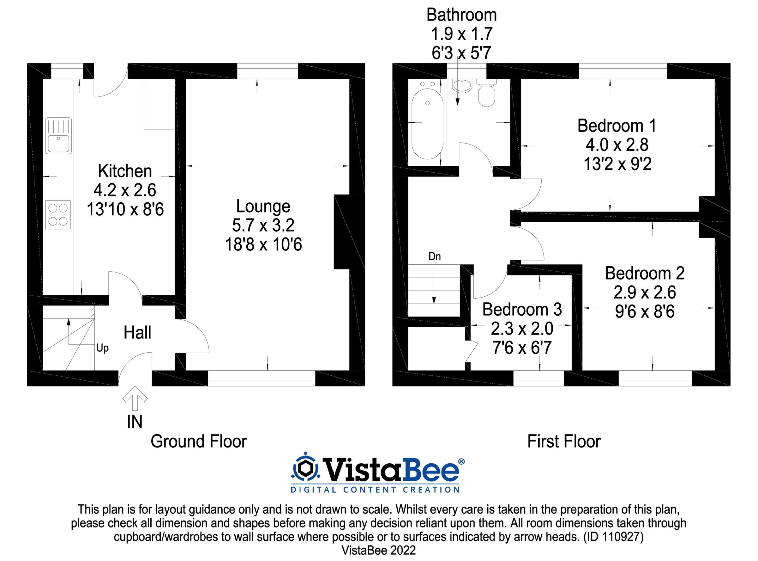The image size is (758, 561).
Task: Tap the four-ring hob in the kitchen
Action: pyautogui.click(x=58, y=215)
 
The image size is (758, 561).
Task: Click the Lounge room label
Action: pyautogui.click(x=263, y=206)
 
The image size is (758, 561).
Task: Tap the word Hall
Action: pyautogui.click(x=137, y=332)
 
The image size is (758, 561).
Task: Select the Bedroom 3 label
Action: pyautogui.click(x=522, y=309)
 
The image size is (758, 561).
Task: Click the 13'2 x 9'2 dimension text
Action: pyautogui.click(x=617, y=164)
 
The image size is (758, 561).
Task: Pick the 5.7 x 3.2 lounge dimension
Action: pyautogui.click(x=263, y=225)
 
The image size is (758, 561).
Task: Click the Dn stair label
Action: pyautogui.click(x=435, y=256)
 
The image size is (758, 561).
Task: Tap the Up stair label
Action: pyautogui.click(x=102, y=348)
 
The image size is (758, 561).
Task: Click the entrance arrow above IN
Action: pyautogui.click(x=135, y=398)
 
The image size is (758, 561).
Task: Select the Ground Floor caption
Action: pyautogui.click(x=199, y=441)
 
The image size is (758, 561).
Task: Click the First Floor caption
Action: pyautogui.click(x=564, y=441)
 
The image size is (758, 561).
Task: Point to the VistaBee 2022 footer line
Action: pyautogui.click(x=378, y=550)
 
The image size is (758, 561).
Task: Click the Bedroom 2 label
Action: pyautogui.click(x=645, y=273)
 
